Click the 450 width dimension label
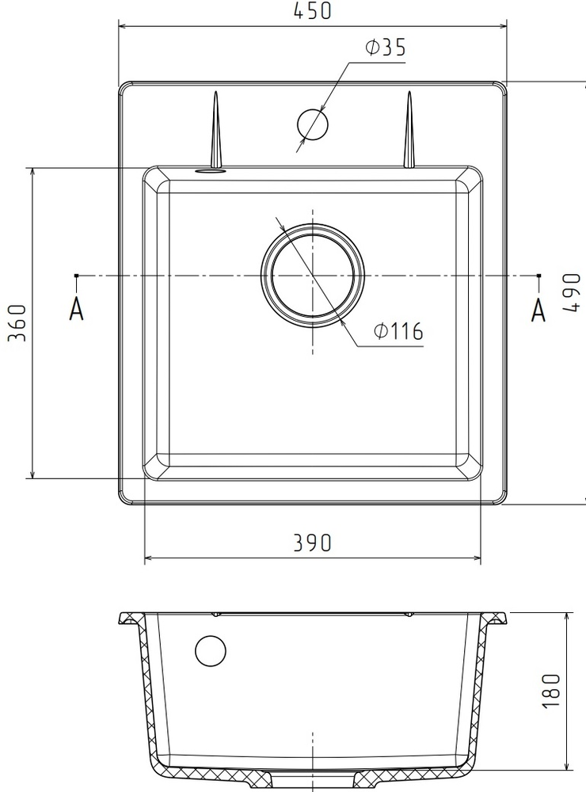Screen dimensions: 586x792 point(312,10)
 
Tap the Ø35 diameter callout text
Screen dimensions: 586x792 point(385,47)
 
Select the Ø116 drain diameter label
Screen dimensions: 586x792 point(398,331)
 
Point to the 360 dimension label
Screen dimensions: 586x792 point(17,323)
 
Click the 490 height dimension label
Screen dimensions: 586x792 point(572,293)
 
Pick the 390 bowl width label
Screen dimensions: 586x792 point(313,543)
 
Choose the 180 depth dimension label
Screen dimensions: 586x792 point(551,691)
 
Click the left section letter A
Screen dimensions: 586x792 point(76,309)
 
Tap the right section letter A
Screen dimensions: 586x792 point(538,310)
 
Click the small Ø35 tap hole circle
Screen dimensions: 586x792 point(313,124)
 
